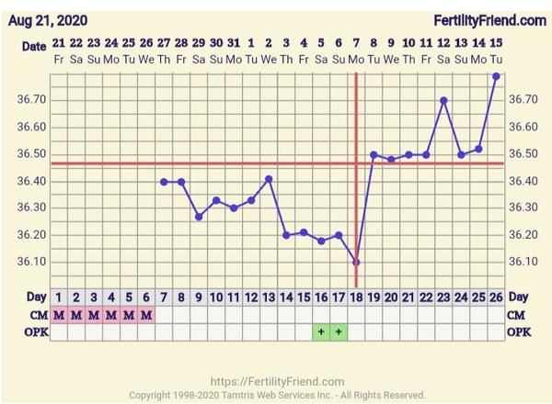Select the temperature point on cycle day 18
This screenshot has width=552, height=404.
(356, 262)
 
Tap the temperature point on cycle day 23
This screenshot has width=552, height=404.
(444, 100)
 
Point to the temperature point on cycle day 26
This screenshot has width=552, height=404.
(496, 76)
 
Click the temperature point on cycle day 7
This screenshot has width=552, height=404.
(164, 182)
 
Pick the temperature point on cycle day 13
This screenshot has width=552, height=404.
(269, 179)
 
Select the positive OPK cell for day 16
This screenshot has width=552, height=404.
(321, 331)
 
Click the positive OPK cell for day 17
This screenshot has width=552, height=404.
(339, 331)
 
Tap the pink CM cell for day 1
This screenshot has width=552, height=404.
(59, 315)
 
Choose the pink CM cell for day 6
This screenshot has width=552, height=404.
(146, 315)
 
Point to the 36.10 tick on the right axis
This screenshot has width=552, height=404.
(523, 262)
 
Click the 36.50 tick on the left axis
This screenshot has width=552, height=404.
(31, 153)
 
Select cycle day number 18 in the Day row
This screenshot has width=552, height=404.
(356, 297)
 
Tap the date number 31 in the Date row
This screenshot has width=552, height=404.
(234, 43)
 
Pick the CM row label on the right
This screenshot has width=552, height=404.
(518, 315)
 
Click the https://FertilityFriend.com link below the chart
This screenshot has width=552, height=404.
(277, 381)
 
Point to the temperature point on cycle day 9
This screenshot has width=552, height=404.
(199, 217)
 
